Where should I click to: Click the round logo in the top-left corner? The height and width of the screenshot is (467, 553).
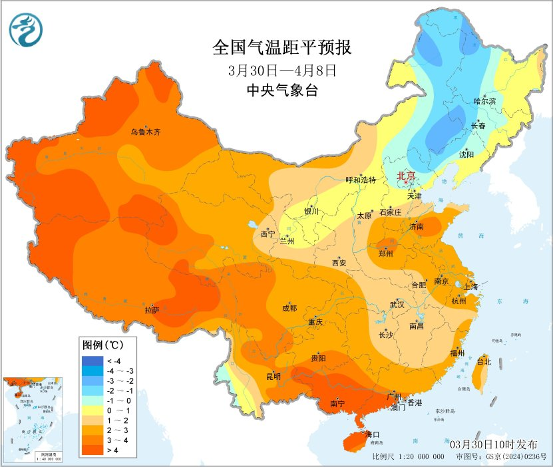(26, 29)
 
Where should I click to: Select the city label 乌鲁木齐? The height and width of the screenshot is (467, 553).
(145, 132)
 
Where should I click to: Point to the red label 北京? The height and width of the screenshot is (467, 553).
(406, 176)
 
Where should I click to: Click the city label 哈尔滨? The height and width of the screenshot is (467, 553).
(484, 100)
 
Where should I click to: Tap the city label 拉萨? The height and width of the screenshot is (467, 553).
(152, 310)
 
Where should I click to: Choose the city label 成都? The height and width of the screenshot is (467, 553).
(289, 308)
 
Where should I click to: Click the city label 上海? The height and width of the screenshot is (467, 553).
(471, 286)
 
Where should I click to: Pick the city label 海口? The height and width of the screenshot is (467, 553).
(373, 434)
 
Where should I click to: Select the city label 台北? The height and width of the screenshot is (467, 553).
(484, 362)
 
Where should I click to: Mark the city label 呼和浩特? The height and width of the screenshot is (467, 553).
(361, 180)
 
